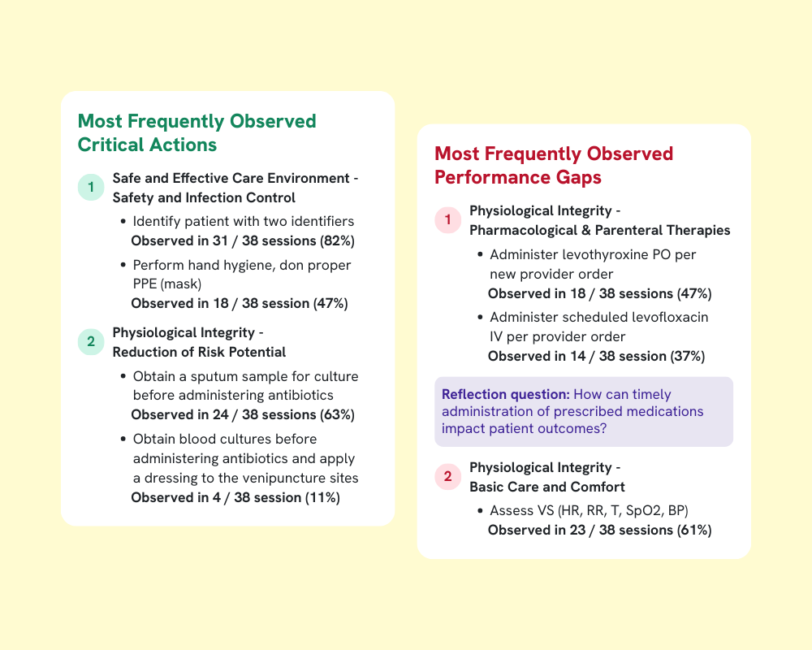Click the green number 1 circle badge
click(x=91, y=188)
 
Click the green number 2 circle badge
click(x=91, y=342)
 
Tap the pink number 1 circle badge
click(x=447, y=220)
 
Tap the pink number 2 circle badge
click(x=447, y=477)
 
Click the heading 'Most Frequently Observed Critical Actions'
click(x=197, y=133)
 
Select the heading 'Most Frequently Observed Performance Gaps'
click(x=554, y=165)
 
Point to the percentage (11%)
click(x=322, y=497)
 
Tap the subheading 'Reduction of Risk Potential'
click(x=199, y=352)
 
